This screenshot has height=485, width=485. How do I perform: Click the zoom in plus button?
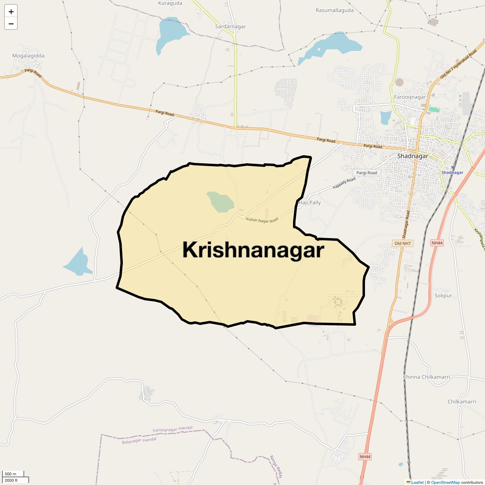pyautogui.click(x=11, y=12)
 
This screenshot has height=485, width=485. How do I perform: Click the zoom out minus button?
pyautogui.click(x=11, y=23)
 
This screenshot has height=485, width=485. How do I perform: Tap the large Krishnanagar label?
pyautogui.click(x=253, y=250)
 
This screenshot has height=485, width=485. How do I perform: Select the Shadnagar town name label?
pyautogui.click(x=412, y=156)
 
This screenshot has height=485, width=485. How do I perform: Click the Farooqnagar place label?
pyautogui.click(x=409, y=97)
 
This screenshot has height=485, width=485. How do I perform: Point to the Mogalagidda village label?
pyautogui.click(x=28, y=56)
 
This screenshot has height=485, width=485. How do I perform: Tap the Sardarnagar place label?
pyautogui.click(x=230, y=27)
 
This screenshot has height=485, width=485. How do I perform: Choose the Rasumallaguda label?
pyautogui.click(x=334, y=10)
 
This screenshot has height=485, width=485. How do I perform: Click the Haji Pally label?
pyautogui.click(x=310, y=202)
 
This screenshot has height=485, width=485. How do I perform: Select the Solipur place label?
pyautogui.click(x=443, y=295)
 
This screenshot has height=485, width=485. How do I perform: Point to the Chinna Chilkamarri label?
pyautogui.click(x=426, y=377)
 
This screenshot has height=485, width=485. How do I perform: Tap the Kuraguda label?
pyautogui.click(x=170, y=3)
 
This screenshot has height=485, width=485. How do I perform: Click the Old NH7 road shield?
pyautogui.click(x=403, y=243)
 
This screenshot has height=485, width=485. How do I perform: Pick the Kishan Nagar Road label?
pyautogui.click(x=262, y=220)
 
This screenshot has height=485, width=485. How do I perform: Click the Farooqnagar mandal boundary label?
pyautogui.click(x=173, y=430)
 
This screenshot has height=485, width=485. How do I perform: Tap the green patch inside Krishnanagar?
pyautogui.click(x=220, y=202)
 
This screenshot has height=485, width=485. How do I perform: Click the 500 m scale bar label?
pyautogui.click(x=11, y=474)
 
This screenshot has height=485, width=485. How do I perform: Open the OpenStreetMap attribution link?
pyautogui.click(x=445, y=482)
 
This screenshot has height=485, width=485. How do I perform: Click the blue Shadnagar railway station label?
pyautogui.click(x=452, y=173)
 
